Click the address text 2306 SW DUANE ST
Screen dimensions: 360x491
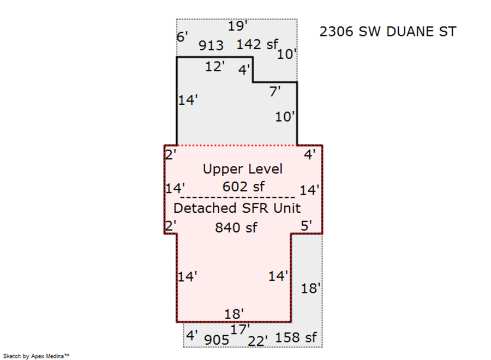click(x=387, y=32)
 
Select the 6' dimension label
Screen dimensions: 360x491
click(x=183, y=37)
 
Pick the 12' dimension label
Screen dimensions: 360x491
click(x=215, y=67)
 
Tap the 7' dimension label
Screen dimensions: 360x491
click(x=275, y=92)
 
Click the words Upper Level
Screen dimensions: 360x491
click(x=243, y=169)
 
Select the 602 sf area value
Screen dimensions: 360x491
click(x=243, y=187)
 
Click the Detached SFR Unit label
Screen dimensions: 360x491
click(x=237, y=208)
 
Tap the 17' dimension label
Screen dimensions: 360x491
click(x=240, y=329)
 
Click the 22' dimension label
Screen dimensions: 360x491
click(x=258, y=340)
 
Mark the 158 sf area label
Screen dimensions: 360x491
click(x=296, y=338)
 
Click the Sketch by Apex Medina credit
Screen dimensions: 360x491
click(x=36, y=356)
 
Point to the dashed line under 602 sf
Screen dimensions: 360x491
click(x=237, y=196)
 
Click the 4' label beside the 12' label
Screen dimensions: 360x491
click(x=244, y=70)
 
